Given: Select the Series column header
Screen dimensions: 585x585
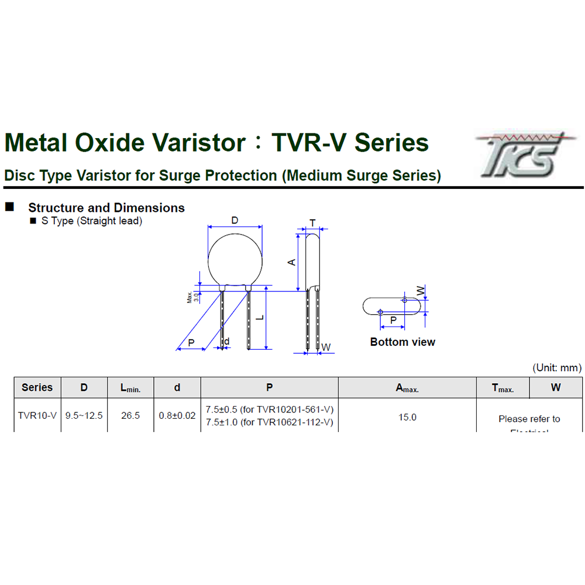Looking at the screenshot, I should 37,387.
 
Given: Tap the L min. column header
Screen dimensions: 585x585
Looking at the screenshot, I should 130,388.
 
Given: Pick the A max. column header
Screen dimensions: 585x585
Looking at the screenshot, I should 407,388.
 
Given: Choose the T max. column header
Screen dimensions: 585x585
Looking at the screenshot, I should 503,388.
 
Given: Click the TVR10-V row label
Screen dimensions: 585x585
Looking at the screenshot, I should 37,416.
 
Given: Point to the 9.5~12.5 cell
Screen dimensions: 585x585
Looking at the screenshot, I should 84,416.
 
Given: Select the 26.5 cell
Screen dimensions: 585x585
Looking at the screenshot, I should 130,416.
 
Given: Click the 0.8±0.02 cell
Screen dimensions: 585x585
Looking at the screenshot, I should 177,416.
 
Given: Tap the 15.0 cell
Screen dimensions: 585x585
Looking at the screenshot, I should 407,417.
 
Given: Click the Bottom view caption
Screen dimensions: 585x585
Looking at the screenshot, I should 402,342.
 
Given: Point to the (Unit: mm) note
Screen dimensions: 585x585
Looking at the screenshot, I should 557,368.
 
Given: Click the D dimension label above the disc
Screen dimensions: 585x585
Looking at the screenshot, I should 235,221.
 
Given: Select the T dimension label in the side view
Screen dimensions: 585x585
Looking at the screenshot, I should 312,223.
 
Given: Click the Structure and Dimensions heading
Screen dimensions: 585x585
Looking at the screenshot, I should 106,208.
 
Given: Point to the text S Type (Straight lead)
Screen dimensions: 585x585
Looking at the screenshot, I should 91,221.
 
